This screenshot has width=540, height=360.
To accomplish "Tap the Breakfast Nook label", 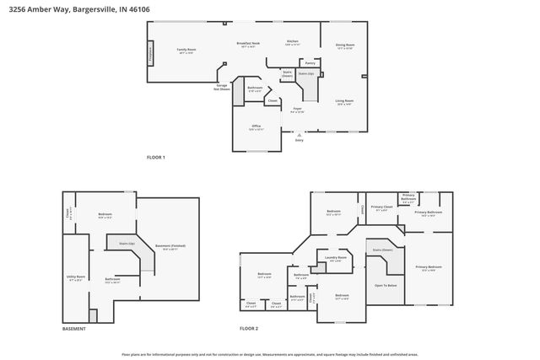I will [248, 43].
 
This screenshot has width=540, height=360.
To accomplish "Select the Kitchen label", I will [293, 41].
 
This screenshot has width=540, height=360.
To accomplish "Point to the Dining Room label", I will [344, 45].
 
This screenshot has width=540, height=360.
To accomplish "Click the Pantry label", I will [310, 62].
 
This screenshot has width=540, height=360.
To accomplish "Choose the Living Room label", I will [344, 100].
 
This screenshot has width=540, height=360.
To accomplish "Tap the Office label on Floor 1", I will [256, 126].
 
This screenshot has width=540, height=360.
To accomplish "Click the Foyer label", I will [297, 109].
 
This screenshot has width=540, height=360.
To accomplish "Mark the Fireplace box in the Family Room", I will [151, 52].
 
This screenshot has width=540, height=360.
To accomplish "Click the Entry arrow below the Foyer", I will [298, 135].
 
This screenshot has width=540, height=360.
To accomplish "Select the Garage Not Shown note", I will [222, 86].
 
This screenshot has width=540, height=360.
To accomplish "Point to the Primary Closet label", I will [381, 207].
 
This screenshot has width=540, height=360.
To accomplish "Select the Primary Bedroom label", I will [429, 267].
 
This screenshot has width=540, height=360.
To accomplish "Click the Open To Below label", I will [386, 286].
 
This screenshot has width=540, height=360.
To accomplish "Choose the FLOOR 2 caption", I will [249, 328].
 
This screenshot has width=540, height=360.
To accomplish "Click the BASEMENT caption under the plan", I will [75, 328].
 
